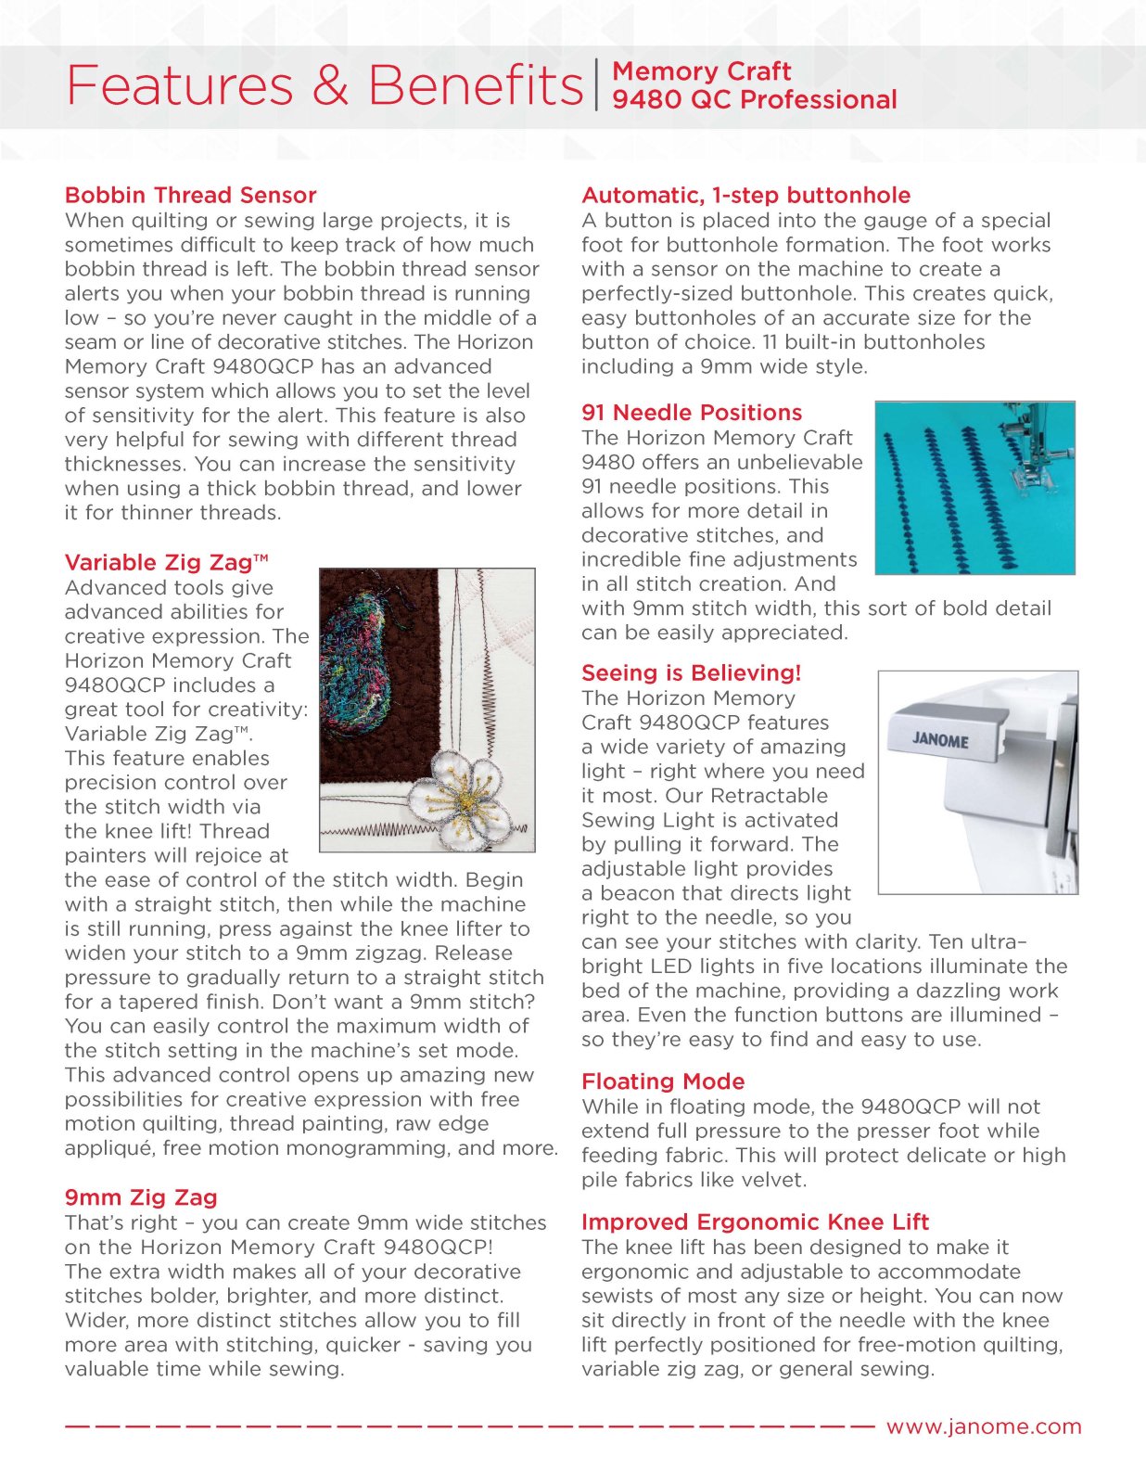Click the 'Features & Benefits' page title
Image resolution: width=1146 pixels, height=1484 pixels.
[325, 85]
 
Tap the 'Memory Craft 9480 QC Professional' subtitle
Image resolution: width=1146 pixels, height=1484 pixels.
[754, 85]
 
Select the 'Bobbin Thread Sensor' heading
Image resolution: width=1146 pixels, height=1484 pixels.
[190, 196]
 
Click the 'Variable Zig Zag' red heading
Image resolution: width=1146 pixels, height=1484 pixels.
[166, 563]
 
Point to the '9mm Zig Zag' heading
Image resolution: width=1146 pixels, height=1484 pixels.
[141, 1197]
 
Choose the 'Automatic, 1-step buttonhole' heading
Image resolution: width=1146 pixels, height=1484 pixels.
[745, 196]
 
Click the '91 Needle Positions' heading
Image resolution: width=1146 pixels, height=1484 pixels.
[692, 413]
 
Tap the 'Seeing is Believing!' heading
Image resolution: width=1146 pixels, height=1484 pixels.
[691, 673]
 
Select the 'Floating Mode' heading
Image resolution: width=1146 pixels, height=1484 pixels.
[663, 1081]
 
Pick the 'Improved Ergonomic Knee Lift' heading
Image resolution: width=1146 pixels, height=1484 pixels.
[755, 1222]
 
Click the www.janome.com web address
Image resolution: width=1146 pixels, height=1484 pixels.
[984, 1426]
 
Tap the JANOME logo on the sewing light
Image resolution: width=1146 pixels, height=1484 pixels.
[940, 740]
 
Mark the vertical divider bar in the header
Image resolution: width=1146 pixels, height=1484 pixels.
[597, 85]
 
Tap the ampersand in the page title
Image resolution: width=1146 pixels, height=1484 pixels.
[330, 85]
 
